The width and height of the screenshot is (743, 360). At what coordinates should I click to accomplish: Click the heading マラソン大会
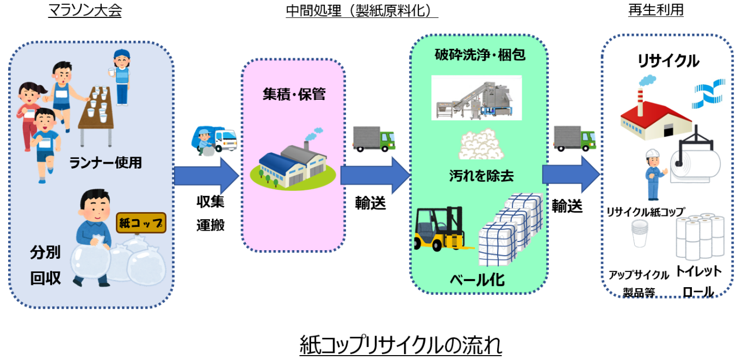click(x=84, y=11)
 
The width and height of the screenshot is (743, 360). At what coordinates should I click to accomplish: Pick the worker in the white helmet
click(x=652, y=175)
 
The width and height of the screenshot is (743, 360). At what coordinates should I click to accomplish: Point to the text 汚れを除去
click(x=481, y=176)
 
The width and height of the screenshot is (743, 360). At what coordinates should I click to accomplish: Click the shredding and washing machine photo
click(x=476, y=98)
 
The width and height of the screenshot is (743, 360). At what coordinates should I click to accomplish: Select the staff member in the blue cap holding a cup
click(x=121, y=76)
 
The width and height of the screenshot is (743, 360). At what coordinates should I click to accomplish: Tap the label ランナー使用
click(x=106, y=162)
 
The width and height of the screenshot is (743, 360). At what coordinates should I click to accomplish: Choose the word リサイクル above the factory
click(x=668, y=61)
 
